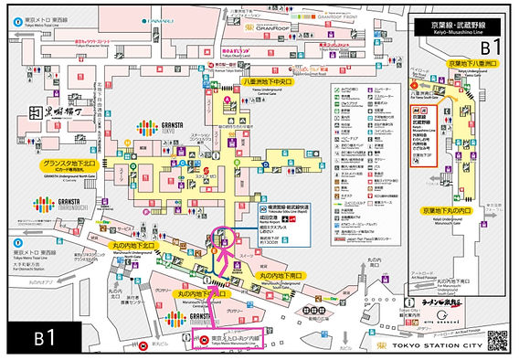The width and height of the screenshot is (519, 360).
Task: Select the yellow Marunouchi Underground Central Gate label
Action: pos(198,294)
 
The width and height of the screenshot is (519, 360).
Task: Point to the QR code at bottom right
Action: pos(497,339)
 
